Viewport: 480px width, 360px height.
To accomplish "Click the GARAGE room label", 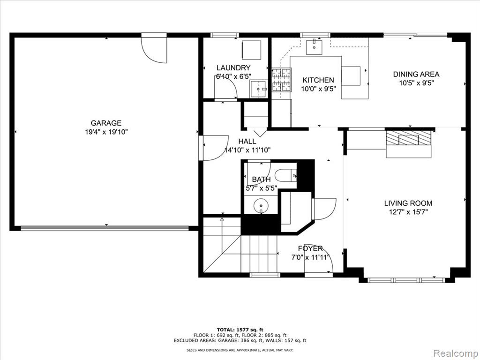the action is (106, 123).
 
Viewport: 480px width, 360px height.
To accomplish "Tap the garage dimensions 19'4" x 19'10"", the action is (106, 132).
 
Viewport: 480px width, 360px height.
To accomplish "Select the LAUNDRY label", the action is (233, 67).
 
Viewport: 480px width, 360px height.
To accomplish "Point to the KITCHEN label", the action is (318, 80).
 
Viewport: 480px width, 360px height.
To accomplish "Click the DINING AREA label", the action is (416, 74).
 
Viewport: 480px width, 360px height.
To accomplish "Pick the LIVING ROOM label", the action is (408, 203).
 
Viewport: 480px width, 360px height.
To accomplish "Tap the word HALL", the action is (247, 142).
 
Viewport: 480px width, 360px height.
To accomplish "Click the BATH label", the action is (261, 180).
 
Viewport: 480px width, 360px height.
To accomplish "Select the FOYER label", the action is (310, 248).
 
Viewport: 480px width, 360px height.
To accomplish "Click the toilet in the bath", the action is (285, 176).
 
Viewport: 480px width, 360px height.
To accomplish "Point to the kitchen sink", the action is (314, 46).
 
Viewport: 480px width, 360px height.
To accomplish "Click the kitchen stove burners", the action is (281, 80).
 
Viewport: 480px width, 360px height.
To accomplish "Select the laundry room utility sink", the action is (259, 89).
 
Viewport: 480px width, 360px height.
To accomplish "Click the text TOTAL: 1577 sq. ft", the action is (240, 330).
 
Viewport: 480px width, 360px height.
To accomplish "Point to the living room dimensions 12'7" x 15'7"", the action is (408, 212).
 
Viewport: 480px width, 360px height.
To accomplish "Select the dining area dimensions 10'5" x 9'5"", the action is (417, 83).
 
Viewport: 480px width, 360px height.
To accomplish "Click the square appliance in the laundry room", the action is (251, 50).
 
